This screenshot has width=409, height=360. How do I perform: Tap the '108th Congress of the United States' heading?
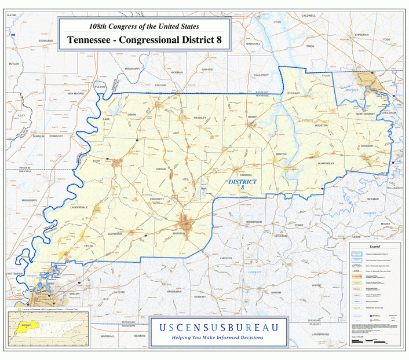coord(144,27)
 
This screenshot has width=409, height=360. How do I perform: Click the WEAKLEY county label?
coord(200,117)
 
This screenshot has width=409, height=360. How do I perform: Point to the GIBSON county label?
coord(161,168)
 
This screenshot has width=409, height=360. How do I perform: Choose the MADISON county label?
coord(178,233)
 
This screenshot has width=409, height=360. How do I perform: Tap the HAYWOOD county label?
coord(115,234)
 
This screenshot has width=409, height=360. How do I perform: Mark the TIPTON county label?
coord(89,246)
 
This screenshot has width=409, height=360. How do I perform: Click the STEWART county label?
coord(293,92)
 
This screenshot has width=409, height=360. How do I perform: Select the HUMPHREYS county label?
coord(326,164)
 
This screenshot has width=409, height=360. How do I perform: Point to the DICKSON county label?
coord(366,146)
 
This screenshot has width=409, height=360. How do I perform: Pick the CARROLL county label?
coord(246,174)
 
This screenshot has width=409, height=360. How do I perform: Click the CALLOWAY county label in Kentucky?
coord(261,75)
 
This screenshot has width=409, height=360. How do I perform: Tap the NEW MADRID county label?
coord(75,93)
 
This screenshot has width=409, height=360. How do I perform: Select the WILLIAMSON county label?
coord(395,188)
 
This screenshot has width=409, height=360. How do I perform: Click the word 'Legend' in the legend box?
coord(370,246)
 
